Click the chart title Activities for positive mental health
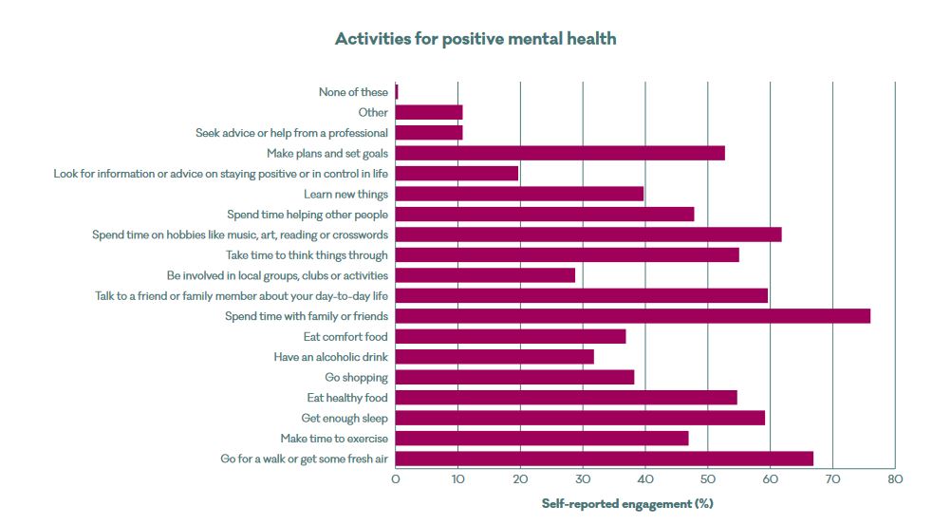pyautogui.click(x=475, y=39)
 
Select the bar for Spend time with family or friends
pyautogui.click(x=632, y=316)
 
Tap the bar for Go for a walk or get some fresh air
pyautogui.click(x=604, y=459)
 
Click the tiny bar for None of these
pyautogui.click(x=397, y=92)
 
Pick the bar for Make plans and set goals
pyautogui.click(x=560, y=153)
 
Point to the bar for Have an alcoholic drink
pyautogui.click(x=494, y=357)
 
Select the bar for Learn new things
pyautogui.click(x=519, y=194)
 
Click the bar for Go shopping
pyautogui.click(x=514, y=377)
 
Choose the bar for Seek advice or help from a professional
pyautogui.click(x=429, y=133)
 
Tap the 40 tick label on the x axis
pyautogui.click(x=644, y=479)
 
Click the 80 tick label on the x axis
pyautogui.click(x=894, y=479)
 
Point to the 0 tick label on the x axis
pyautogui.click(x=396, y=479)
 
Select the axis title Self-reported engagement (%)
pyautogui.click(x=627, y=504)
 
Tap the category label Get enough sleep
pyautogui.click(x=345, y=418)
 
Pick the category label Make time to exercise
pyautogui.click(x=334, y=439)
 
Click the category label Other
pyautogui.click(x=373, y=113)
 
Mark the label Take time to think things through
pyautogui.click(x=307, y=255)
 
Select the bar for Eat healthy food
pyautogui.click(x=566, y=398)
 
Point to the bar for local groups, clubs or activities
pyautogui.click(x=485, y=275)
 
